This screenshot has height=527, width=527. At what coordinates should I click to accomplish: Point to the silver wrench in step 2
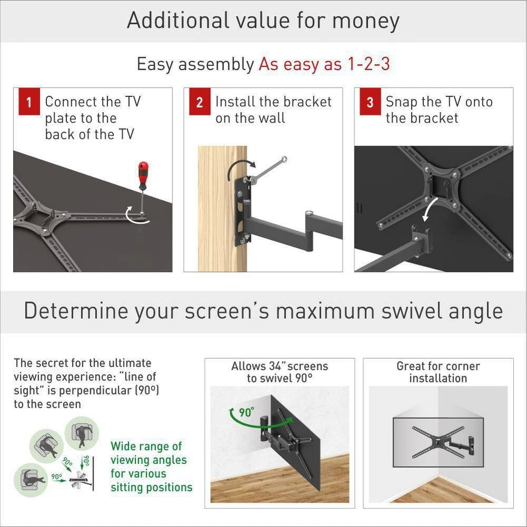click(267, 170)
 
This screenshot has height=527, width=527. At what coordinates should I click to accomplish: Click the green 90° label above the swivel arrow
click(246, 413)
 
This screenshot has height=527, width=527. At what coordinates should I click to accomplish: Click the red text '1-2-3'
click(367, 64)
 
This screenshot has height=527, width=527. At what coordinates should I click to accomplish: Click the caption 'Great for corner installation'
click(438, 372)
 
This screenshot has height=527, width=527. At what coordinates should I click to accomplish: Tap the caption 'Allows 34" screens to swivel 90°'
click(279, 372)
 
